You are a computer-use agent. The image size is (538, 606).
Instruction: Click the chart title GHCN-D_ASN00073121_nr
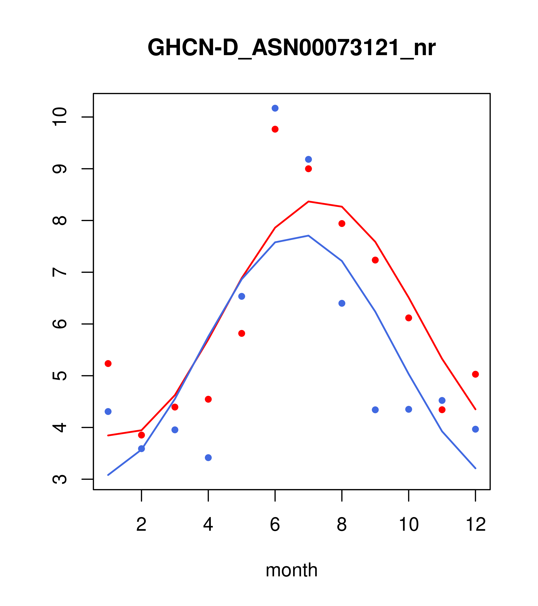tap(291, 48)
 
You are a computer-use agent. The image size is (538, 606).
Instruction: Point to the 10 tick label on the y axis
tap(60, 117)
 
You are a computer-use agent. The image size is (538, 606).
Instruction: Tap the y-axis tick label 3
tap(60, 479)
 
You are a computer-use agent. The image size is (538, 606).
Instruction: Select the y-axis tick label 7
tap(60, 272)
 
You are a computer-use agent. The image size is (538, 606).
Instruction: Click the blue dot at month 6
tap(275, 108)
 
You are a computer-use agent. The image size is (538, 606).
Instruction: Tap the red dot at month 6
tap(275, 129)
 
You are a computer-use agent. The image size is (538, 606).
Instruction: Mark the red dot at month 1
tap(108, 363)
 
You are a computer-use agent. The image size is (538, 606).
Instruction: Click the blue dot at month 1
tap(108, 412)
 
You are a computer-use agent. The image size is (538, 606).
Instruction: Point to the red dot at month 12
tap(476, 374)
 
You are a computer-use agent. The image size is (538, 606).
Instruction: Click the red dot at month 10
tap(409, 318)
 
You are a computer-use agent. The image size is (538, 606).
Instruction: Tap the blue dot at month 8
tap(342, 303)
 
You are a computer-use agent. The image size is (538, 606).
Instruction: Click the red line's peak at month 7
tap(308, 202)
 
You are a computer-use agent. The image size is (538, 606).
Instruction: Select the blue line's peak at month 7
tap(308, 236)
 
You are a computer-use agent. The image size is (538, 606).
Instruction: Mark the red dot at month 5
tap(242, 334)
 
